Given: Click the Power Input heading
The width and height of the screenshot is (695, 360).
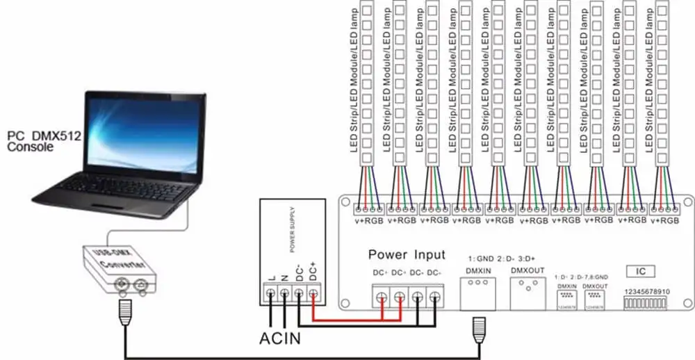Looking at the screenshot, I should click(x=407, y=254).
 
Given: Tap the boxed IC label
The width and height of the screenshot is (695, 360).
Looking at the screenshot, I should click(x=641, y=270).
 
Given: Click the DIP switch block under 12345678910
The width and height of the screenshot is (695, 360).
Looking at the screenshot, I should click(x=648, y=304).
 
